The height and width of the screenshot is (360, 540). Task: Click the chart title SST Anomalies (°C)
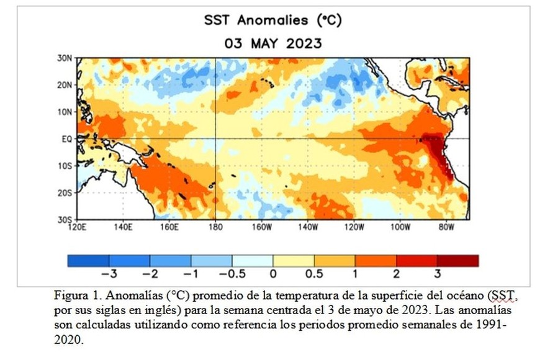(x=272, y=20)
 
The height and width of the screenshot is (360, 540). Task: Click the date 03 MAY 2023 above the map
(x=272, y=43)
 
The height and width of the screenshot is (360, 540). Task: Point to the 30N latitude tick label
(x=65, y=57)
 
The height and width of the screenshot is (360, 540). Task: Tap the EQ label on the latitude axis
(x=67, y=139)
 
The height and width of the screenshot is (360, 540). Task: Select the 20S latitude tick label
(x=65, y=193)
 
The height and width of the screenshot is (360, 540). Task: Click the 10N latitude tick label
(x=65, y=112)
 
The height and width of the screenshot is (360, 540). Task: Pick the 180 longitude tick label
(x=215, y=227)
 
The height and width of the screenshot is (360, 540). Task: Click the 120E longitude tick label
(x=77, y=227)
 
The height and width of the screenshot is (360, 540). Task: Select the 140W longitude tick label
(x=307, y=227)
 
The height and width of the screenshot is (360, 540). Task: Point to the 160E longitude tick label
(x=169, y=227)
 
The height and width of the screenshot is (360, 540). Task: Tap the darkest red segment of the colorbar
(x=458, y=261)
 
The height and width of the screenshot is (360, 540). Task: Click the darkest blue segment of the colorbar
(x=88, y=261)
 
